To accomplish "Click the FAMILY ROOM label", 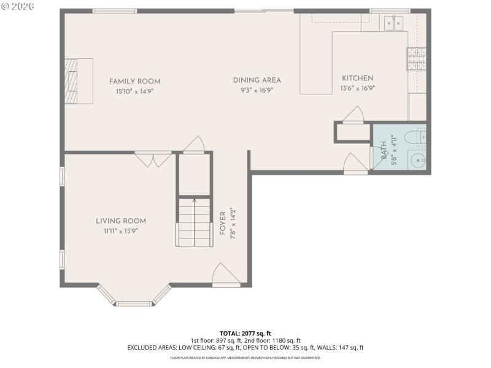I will [134, 81].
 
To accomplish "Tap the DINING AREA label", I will [257, 80].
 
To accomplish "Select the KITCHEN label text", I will [357, 78].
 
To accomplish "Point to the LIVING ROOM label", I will [120, 221].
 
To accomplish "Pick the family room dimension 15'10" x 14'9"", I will [134, 91].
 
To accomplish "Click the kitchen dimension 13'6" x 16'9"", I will [357, 88].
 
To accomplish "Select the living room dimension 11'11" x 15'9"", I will [120, 231].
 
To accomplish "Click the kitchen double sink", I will [393, 23].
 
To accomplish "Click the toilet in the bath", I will [419, 139].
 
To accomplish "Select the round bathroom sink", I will [417, 161].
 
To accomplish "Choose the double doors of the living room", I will [153, 159].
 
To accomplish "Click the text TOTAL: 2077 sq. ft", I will [245, 333].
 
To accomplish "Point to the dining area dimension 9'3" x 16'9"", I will [257, 90].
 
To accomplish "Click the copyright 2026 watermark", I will [18, 6].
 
